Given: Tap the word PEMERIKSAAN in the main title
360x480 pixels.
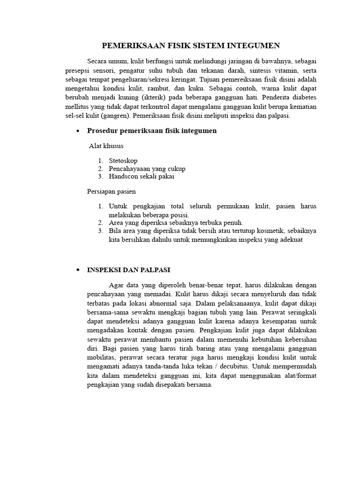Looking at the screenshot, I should (x=128, y=45).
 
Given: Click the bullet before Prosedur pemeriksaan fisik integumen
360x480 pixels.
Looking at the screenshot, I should (x=77, y=131).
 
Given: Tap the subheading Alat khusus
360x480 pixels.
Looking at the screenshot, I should (x=106, y=146).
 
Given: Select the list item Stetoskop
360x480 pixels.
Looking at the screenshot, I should (x=123, y=160).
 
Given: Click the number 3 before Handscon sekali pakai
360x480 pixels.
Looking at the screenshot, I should (x=100, y=176).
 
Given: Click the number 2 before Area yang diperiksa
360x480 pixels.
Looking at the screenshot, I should (x=100, y=223).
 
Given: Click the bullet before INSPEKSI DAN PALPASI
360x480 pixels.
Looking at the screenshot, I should (x=77, y=270).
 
